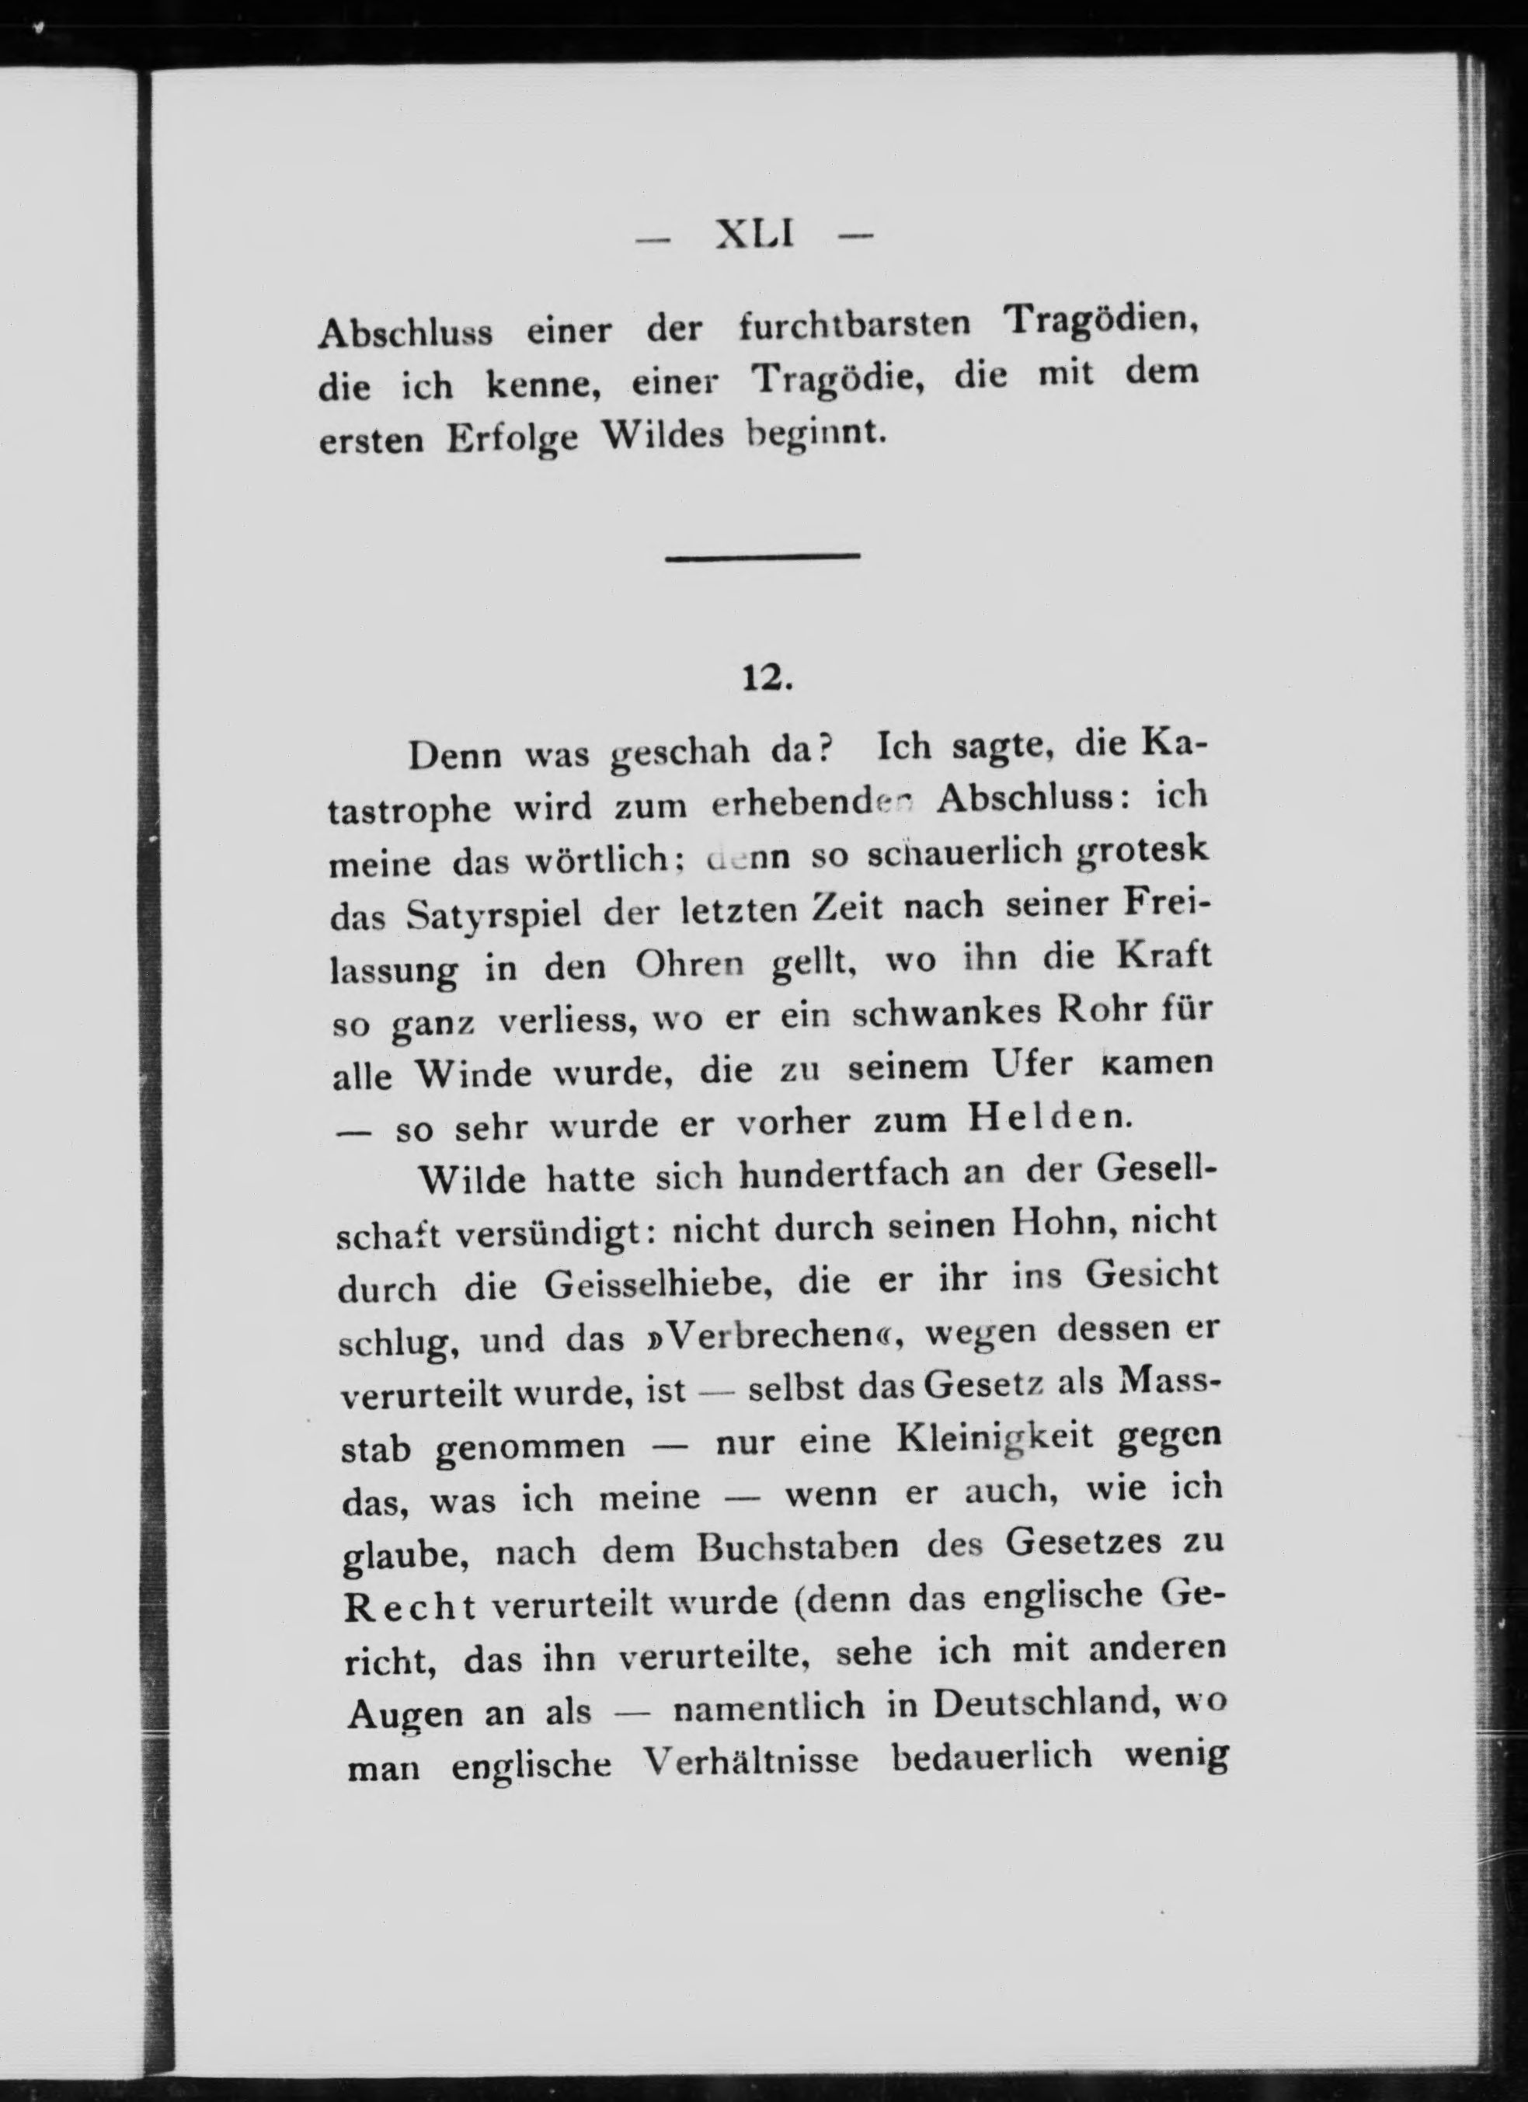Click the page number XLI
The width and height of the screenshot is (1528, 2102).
(755, 236)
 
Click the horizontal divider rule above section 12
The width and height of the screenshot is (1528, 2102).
(763, 556)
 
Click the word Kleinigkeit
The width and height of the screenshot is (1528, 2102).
(995, 1440)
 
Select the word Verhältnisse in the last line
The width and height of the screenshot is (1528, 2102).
(746, 1762)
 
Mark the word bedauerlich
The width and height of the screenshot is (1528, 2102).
(994, 1757)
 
